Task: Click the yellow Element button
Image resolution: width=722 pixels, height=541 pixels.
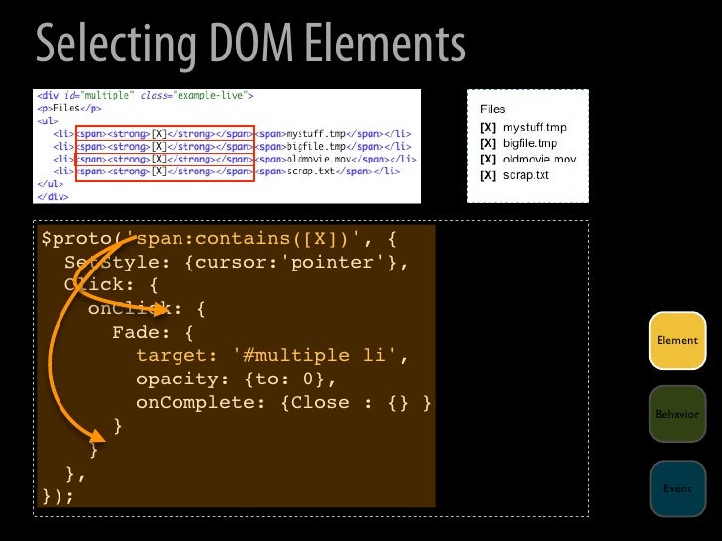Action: pos(677,340)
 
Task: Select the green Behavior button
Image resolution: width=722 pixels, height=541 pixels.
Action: pos(677,413)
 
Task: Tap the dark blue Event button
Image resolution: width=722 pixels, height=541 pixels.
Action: pos(677,487)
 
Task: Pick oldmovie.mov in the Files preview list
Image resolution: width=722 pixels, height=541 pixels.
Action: pos(540,160)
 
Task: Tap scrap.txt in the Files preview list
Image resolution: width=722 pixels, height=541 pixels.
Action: pos(526,175)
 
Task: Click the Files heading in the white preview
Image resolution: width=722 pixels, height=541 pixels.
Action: pos(493,108)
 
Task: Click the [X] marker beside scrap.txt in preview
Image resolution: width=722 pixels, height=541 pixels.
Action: pos(487,175)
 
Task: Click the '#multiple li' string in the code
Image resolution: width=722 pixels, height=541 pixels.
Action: pos(319,355)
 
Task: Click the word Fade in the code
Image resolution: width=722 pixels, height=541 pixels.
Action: pos(136,331)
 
